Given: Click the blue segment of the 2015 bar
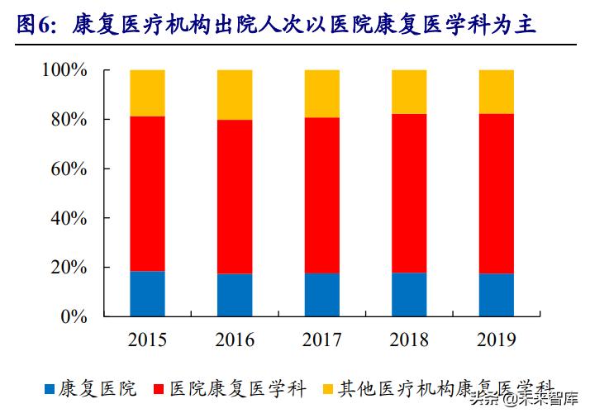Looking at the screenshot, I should (x=147, y=293).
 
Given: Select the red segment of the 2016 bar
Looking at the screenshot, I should (x=235, y=197).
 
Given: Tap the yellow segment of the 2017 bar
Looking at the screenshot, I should (x=321, y=93).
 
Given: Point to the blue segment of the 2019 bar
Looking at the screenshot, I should (x=496, y=295).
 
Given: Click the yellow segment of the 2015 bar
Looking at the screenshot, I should (x=147, y=93).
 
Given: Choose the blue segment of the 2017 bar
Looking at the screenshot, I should (x=321, y=294).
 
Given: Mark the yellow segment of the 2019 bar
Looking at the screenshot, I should (x=496, y=92).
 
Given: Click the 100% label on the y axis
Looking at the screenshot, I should (x=64, y=71).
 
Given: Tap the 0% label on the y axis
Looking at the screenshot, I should (x=74, y=316).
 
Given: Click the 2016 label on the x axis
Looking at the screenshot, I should (x=235, y=340).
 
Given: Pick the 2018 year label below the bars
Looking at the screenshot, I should (x=409, y=340).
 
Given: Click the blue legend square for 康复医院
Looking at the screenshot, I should (x=50, y=388).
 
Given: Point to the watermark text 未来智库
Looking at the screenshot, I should (x=544, y=402).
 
